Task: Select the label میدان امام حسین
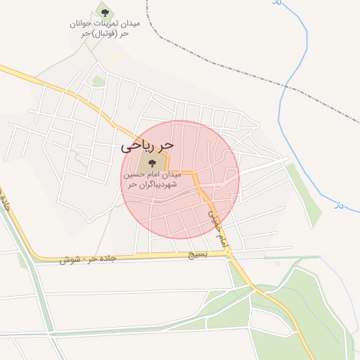pyautogui.click(x=153, y=174)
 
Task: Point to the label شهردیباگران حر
pyautogui.click(x=151, y=184)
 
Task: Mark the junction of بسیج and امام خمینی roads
pyautogui.click(x=230, y=252)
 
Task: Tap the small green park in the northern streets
pyautogui.click(x=98, y=82)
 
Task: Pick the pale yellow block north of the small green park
pyautogui.click(x=114, y=59)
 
